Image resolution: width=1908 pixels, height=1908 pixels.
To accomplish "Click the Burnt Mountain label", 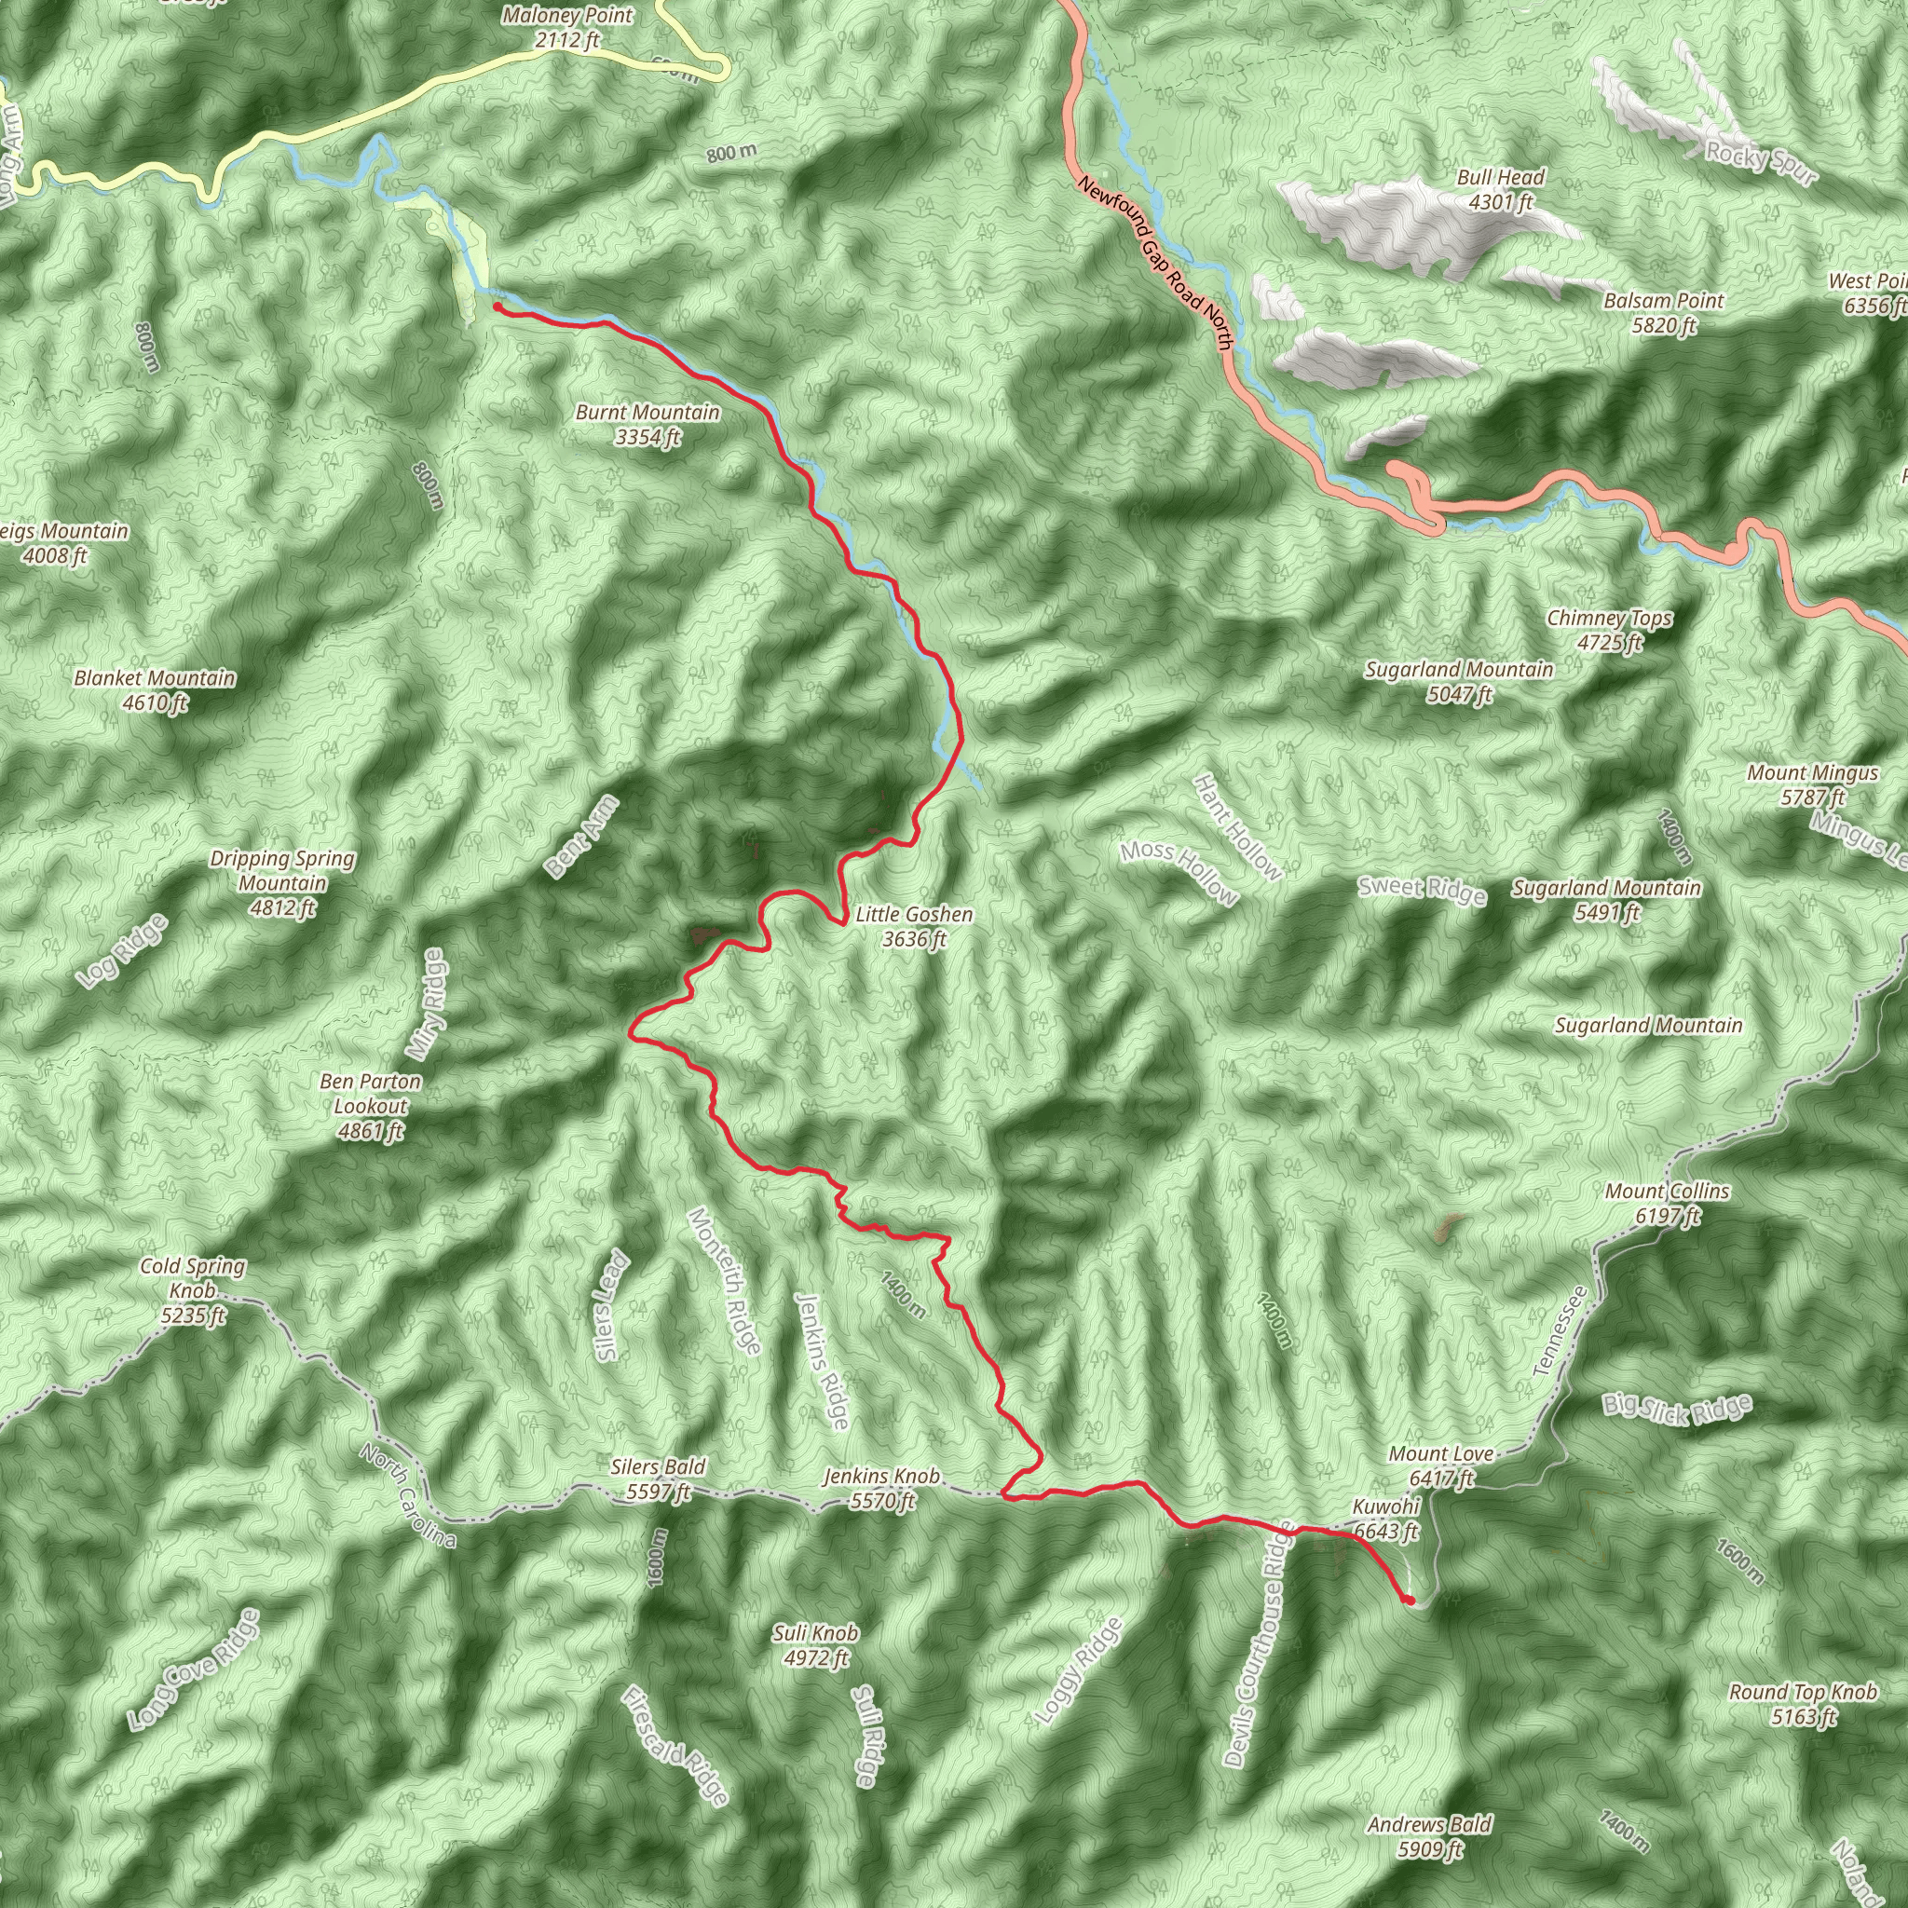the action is point(647,425).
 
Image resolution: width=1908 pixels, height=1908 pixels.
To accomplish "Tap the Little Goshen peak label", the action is point(914,926).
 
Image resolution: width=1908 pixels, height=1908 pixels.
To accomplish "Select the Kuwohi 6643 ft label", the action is point(1385,1519).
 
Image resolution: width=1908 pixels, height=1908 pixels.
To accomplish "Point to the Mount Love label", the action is point(1441,1465).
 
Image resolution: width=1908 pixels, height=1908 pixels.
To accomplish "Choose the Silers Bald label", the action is point(658,1479).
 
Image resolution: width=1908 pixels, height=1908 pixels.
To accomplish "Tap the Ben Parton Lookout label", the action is point(371,1106).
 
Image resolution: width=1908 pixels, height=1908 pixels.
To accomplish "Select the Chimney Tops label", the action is point(1610,630).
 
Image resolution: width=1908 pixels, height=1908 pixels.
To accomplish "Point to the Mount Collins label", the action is point(1667,1203).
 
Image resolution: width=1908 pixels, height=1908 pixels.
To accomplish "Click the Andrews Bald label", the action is point(1429,1837).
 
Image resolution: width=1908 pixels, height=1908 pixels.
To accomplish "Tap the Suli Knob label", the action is point(815,1645).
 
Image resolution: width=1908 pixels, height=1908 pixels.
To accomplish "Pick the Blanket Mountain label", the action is point(155,690).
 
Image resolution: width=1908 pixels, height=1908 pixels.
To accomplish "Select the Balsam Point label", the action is point(1664,312).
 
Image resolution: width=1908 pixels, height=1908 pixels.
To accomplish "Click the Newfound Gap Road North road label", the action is point(1155,263).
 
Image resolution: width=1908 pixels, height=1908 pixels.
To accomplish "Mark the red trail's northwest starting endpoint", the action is point(497,307).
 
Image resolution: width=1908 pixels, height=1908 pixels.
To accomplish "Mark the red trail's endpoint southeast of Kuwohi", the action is point(1410,1600).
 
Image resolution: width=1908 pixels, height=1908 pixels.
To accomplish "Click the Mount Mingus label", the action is point(1812,785).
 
